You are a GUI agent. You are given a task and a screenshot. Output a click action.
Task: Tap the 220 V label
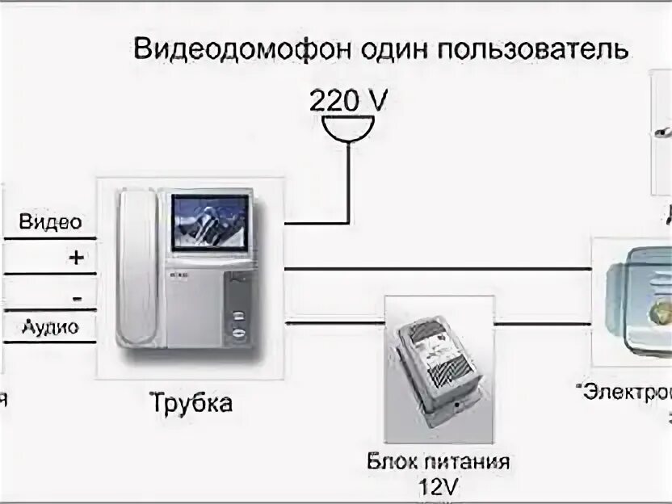click(348, 101)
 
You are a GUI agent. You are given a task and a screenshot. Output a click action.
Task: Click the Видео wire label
click(49, 222)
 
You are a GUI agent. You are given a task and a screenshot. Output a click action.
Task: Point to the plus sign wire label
click(75, 258)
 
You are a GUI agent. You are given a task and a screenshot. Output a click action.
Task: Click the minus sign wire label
click(76, 298)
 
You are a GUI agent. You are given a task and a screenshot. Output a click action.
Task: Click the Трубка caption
click(190, 402)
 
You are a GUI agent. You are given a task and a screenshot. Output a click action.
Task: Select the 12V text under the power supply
click(438, 487)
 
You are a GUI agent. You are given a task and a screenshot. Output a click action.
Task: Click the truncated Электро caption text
click(626, 394)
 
